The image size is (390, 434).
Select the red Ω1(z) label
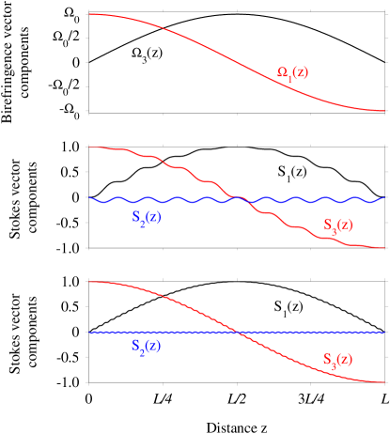[x=291, y=72]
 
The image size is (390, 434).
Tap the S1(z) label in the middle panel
[x=291, y=171]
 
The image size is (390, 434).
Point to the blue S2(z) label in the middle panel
[x=146, y=217]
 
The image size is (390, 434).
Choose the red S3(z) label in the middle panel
[x=337, y=225]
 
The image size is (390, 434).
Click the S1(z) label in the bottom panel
[x=289, y=306]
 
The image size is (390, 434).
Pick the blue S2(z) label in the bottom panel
[x=146, y=346]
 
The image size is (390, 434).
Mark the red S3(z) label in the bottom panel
[x=337, y=359]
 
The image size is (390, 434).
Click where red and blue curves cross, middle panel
[x=241, y=198]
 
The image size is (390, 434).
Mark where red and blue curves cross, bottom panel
[x=241, y=333]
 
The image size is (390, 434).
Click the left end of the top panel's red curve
[x=90, y=14]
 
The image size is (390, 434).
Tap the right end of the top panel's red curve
[x=384, y=111]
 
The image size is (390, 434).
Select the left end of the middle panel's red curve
[x=90, y=147]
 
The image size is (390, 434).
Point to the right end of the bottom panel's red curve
[x=384, y=382]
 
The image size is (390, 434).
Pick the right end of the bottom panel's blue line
[x=384, y=333]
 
